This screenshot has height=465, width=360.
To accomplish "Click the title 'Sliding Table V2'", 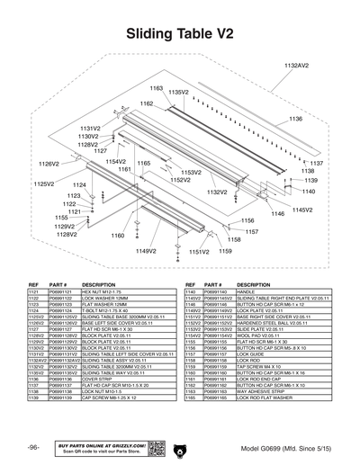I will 180,33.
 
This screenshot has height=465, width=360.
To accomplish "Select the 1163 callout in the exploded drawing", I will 156,88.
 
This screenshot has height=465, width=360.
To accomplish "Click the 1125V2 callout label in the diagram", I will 46,183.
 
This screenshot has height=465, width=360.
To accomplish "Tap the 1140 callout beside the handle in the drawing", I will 309,192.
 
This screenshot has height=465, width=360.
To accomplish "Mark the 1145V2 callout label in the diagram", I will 302,210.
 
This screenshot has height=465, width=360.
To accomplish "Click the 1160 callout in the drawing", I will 117,236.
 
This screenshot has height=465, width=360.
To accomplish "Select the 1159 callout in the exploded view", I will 225,252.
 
